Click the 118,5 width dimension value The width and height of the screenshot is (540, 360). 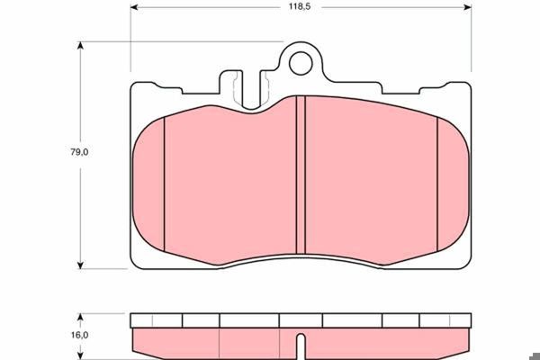tap(300, 6)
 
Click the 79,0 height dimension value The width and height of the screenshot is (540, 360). tap(79, 152)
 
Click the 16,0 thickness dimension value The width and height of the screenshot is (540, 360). tap(79, 335)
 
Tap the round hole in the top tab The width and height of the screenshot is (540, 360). tap(301, 63)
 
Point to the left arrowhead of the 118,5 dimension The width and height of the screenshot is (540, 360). tap(134, 7)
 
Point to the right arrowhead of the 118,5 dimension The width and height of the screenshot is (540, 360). tap(467, 7)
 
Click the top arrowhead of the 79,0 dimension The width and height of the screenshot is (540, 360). tap(80, 46)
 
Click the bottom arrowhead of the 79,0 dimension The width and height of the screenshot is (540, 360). tap(80, 265)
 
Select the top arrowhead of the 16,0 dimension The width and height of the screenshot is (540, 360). tap(80, 317)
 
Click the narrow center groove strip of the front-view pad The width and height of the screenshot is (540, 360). tap(301, 175)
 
